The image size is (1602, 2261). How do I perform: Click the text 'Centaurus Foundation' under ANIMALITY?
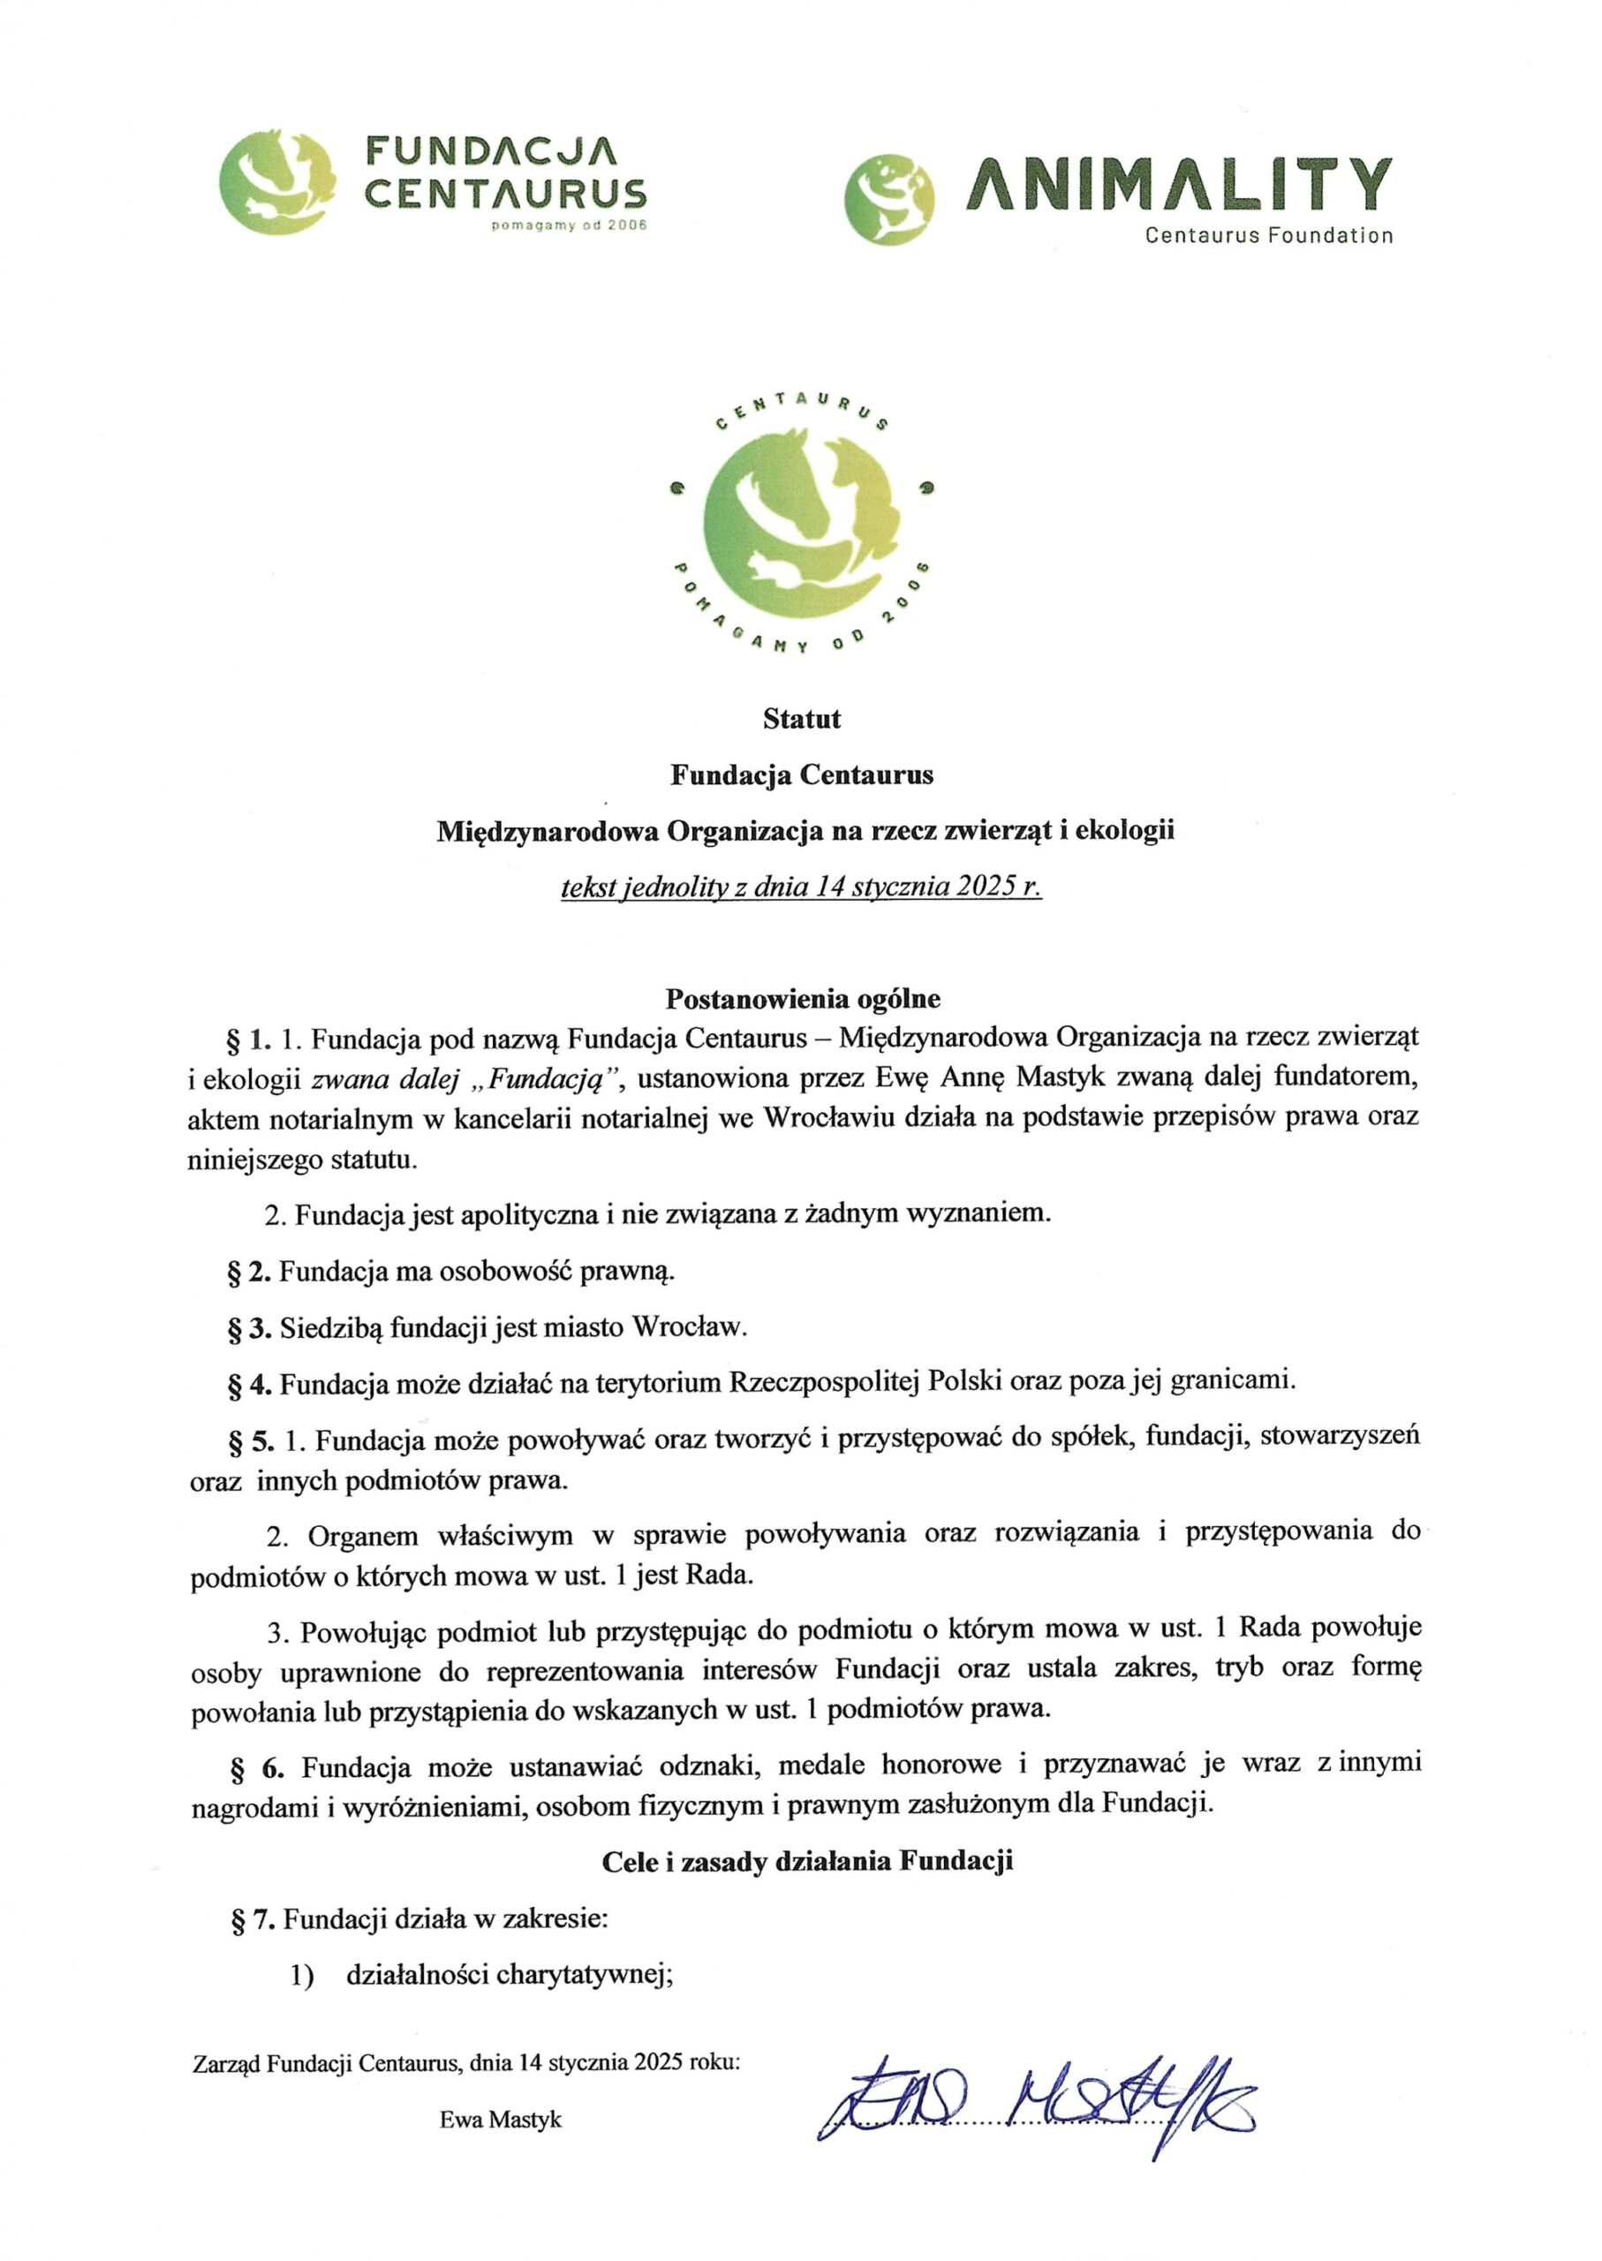1268,236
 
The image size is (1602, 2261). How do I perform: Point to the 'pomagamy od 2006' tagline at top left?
570,226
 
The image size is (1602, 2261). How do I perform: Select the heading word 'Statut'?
801,719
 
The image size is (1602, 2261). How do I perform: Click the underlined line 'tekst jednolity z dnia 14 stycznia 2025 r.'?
801,887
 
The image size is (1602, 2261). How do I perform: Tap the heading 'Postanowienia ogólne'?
802,998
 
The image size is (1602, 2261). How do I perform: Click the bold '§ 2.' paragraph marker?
248,1272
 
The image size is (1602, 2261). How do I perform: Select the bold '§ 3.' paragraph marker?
248,1327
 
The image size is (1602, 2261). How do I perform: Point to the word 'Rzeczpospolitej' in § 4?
825,1382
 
